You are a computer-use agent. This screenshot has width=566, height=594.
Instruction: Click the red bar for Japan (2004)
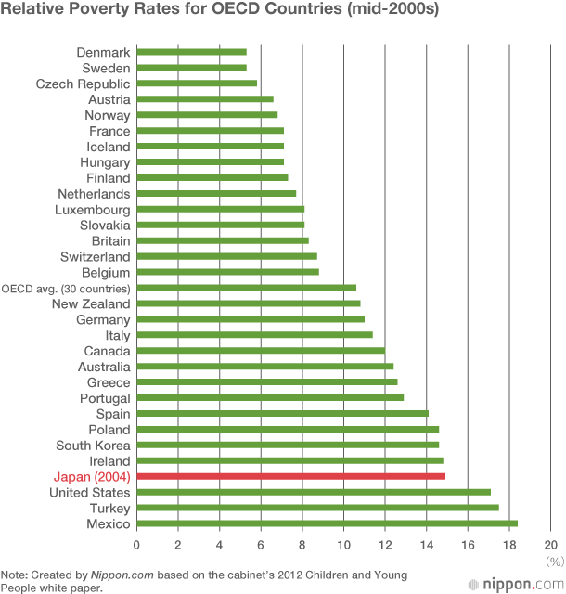click(291, 477)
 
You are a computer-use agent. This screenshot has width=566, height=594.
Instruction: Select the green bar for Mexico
click(328, 524)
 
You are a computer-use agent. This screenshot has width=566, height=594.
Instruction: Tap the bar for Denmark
click(192, 52)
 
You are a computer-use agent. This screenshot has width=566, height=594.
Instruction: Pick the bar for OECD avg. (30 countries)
click(247, 288)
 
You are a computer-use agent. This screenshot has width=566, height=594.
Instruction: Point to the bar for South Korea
click(288, 445)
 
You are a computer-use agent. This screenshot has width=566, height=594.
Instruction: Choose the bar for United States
click(314, 493)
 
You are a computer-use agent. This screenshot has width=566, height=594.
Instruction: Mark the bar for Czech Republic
click(197, 84)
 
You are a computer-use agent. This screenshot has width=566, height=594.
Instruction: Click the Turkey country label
click(110, 509)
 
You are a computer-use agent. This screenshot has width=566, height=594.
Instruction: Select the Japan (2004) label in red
click(92, 477)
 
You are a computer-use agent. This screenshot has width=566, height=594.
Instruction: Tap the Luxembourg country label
click(93, 210)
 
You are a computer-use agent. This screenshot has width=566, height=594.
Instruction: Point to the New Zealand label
click(91, 303)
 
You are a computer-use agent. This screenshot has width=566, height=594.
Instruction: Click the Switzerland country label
click(96, 256)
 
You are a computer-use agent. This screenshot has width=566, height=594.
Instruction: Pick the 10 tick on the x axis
click(343, 545)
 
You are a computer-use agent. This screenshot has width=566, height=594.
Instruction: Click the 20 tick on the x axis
click(550, 545)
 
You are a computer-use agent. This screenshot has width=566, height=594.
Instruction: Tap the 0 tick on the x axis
click(137, 545)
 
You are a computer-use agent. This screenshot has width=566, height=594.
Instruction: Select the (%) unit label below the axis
click(555, 561)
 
